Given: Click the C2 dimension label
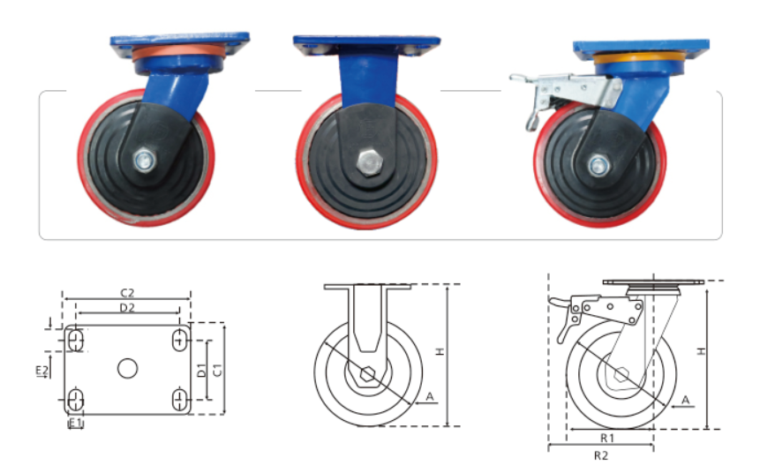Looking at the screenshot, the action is pos(127,293).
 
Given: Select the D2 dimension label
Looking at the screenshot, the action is pos(127,307).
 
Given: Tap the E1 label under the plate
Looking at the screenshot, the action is pos(75,423).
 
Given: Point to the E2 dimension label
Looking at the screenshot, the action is pos(42,371).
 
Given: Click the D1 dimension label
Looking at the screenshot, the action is pos(201,371).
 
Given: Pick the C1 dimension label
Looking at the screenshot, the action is pos(217,370).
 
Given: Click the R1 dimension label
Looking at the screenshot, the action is pos(607,438).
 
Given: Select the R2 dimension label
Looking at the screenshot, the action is pos(600,455).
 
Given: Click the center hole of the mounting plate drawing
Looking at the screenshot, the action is pos(127,368).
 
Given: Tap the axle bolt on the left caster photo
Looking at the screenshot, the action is pos(144,160).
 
